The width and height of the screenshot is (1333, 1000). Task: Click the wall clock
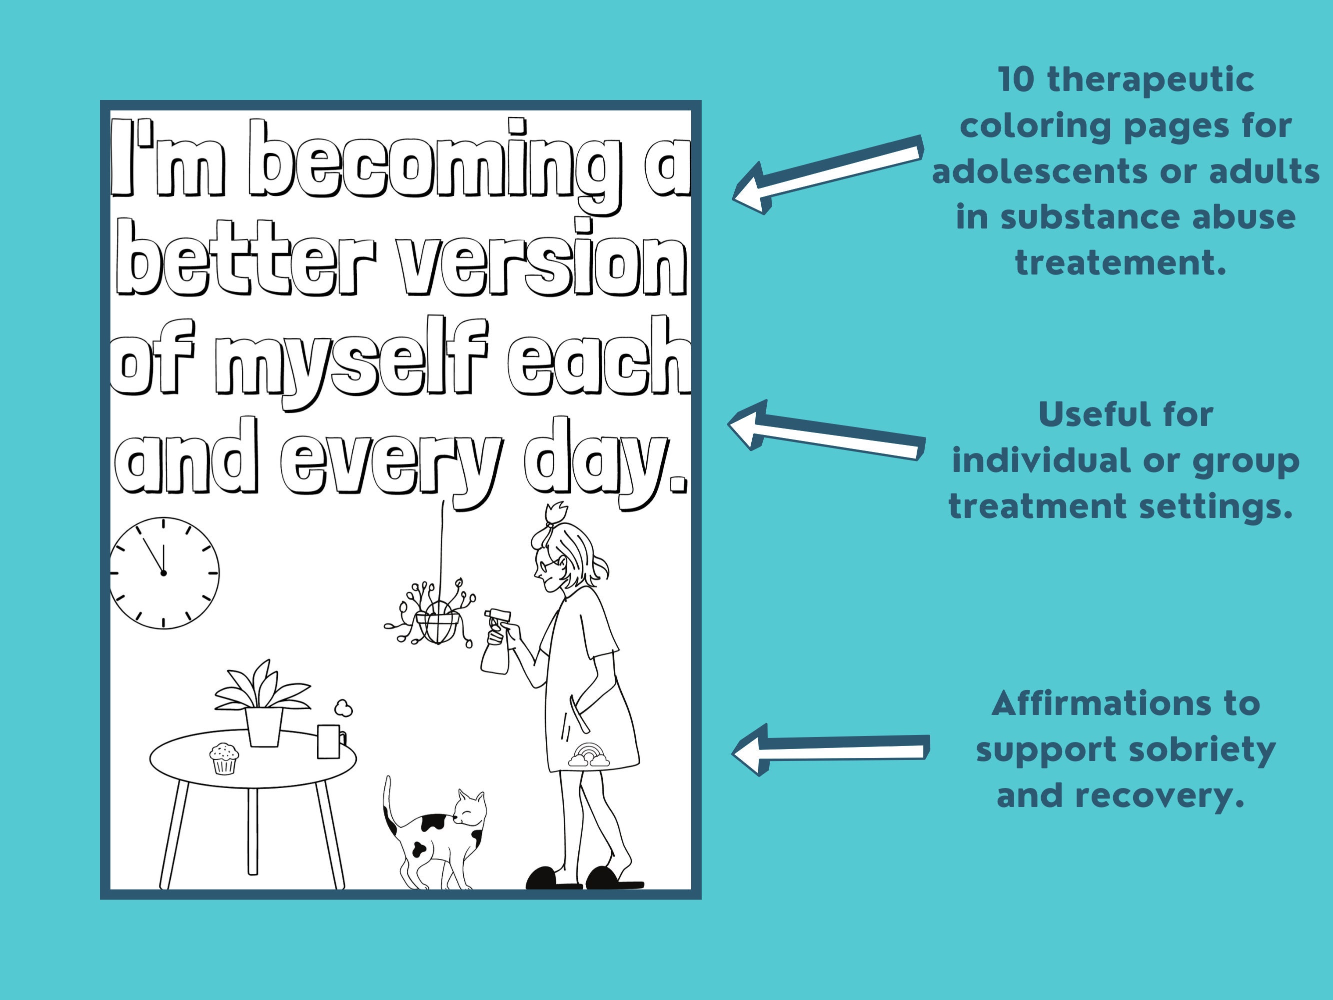(x=164, y=572)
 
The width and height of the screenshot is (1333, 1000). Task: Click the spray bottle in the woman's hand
(x=496, y=641)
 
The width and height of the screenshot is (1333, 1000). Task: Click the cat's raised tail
(x=389, y=804)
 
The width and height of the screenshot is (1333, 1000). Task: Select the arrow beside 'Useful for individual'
(x=826, y=430)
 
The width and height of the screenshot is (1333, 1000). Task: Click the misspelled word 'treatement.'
(x=1121, y=263)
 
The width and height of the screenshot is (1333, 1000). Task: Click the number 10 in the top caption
(x=1016, y=80)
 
